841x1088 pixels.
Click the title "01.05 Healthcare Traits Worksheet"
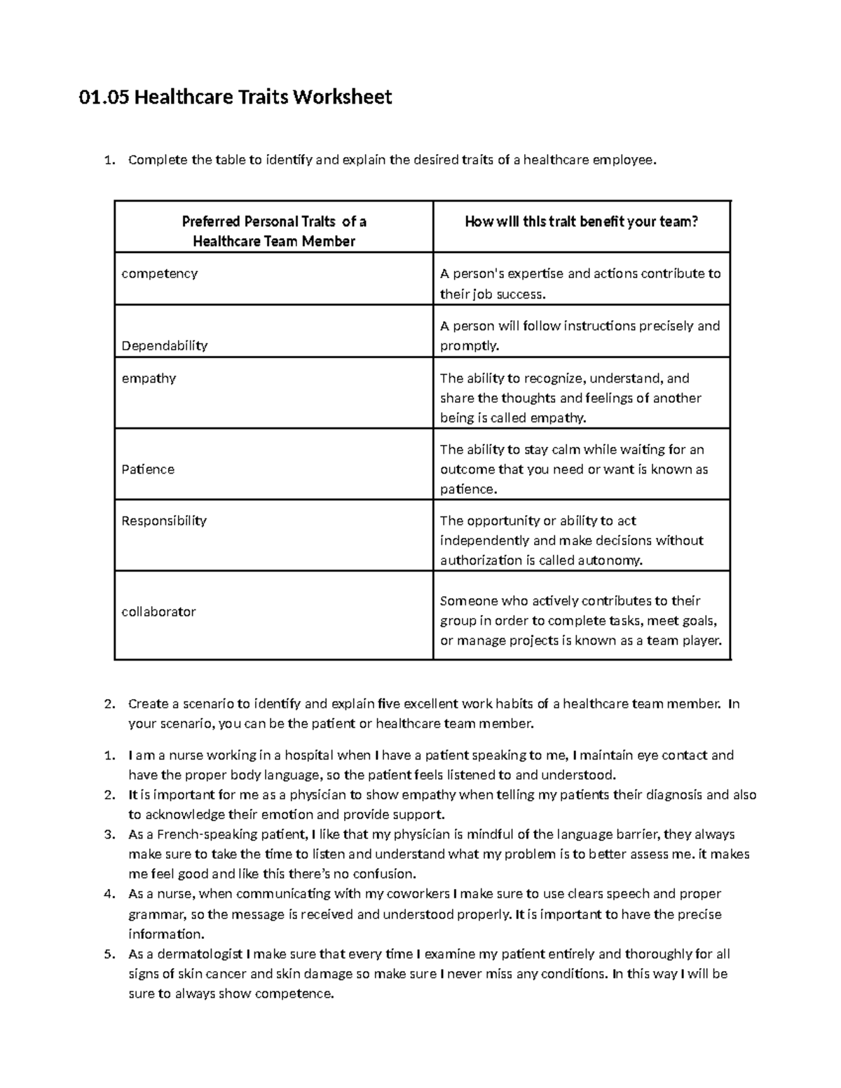(235, 97)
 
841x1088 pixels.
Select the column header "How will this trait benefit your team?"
(582, 222)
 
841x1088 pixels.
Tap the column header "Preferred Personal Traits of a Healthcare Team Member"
(274, 231)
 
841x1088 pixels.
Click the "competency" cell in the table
(160, 273)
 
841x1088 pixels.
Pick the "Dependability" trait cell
(165, 345)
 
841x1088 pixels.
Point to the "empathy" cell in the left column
(149, 378)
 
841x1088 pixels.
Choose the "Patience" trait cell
(148, 469)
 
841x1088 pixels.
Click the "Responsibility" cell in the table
(164, 521)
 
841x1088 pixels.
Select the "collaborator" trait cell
(158, 612)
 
